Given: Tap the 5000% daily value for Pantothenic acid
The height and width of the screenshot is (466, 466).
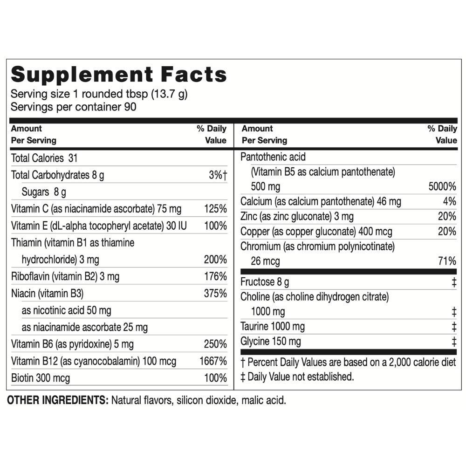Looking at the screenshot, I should tap(442, 187).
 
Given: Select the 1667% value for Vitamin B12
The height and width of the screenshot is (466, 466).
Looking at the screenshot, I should tap(212, 361).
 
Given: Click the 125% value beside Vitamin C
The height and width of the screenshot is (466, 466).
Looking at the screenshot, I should tap(215, 208).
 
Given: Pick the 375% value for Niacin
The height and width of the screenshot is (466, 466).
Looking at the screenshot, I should tap(215, 294).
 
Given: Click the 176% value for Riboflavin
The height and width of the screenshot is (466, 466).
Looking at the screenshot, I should tap(215, 277).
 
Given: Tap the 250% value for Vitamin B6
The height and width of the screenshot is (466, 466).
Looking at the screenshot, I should tap(215, 344).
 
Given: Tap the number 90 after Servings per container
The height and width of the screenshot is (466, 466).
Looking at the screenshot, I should tap(130, 106).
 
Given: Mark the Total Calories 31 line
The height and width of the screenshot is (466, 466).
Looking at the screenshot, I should tap(44, 158).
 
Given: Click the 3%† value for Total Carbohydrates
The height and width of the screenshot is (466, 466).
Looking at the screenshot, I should tap(218, 176).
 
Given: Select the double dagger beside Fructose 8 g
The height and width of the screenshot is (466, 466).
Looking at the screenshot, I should tap(454, 282).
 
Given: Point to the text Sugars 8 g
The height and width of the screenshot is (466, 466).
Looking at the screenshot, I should tap(44, 192).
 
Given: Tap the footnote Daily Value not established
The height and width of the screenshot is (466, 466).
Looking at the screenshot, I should tap(301, 377).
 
